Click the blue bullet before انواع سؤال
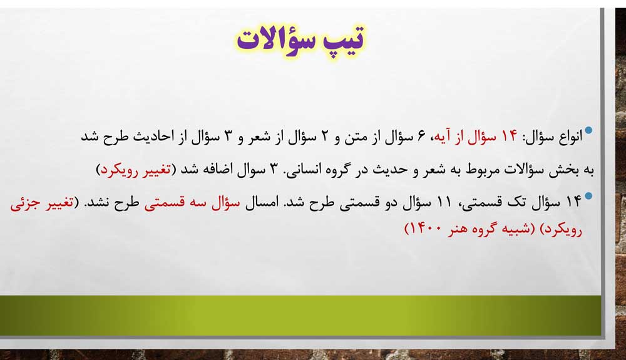point(588,130)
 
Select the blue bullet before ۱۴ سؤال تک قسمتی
point(588,196)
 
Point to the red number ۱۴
point(509,136)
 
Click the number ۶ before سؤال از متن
point(421,137)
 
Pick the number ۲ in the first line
point(324,136)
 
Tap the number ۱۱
point(444,202)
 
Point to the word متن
point(356,137)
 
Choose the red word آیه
point(443,137)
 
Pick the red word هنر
point(458,229)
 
